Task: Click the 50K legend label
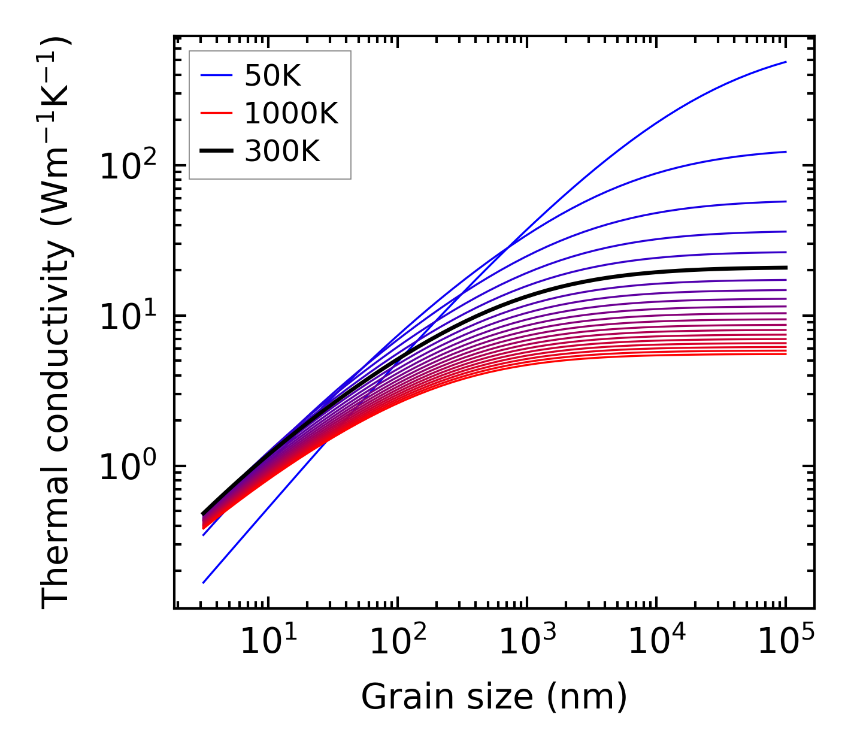click(x=272, y=76)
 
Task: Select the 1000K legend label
click(x=291, y=113)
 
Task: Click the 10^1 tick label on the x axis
click(x=268, y=643)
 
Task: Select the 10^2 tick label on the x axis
click(x=397, y=643)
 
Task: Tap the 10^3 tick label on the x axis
click(x=526, y=643)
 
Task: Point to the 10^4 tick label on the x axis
click(x=656, y=643)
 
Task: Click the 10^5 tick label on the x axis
click(x=785, y=643)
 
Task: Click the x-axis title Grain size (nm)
click(x=494, y=697)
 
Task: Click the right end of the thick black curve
click(x=785, y=268)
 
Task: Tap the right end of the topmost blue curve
click(x=785, y=62)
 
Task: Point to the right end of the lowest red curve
click(x=785, y=354)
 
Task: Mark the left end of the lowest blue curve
click(x=204, y=582)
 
